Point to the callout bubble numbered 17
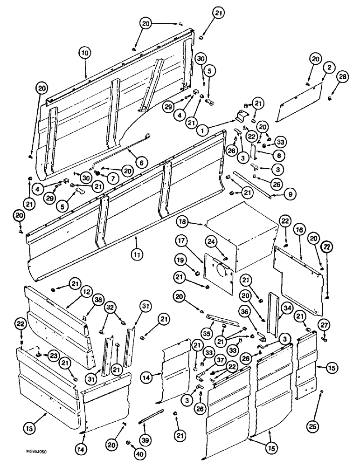coord(181,242)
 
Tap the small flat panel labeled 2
coord(298,105)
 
